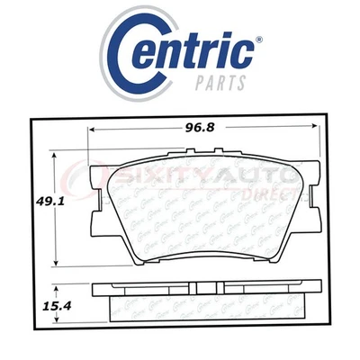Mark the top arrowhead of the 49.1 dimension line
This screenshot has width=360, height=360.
click(x=59, y=155)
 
